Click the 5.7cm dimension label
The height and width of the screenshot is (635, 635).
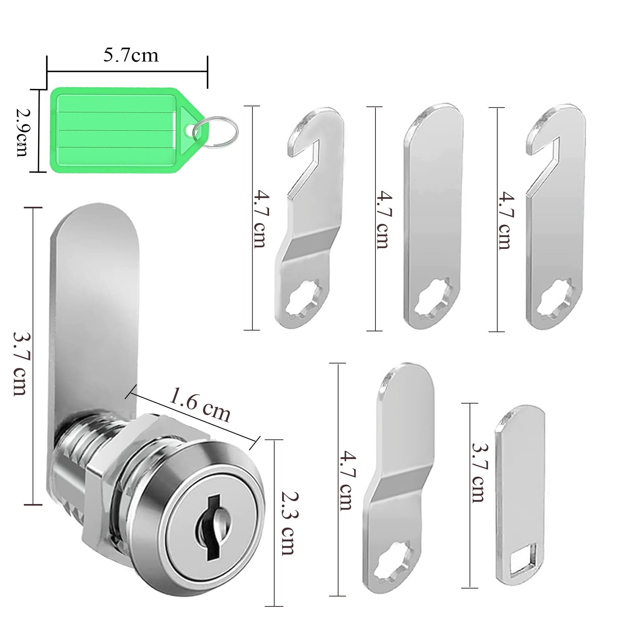[x=131, y=55]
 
